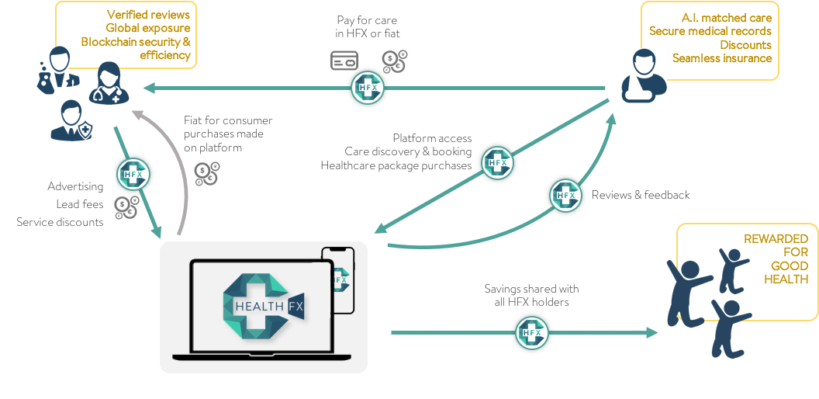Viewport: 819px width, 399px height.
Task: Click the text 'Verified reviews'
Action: pyautogui.click(x=148, y=15)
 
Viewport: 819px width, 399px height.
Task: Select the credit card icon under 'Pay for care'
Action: pyautogui.click(x=344, y=61)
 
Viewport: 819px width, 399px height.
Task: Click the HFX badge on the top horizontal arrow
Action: pyautogui.click(x=368, y=88)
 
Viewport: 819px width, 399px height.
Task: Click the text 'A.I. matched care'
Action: pyautogui.click(x=727, y=18)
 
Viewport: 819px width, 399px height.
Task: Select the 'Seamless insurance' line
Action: pyautogui.click(x=721, y=58)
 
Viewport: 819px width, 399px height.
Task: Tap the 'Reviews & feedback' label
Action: pyautogui.click(x=641, y=195)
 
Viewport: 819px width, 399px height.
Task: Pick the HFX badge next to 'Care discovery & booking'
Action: pyautogui.click(x=498, y=163)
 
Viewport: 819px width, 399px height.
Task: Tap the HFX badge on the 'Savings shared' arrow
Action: pyautogui.click(x=532, y=333)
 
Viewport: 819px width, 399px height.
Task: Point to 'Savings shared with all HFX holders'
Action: pyautogui.click(x=531, y=295)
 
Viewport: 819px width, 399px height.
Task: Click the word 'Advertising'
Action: pyautogui.click(x=75, y=186)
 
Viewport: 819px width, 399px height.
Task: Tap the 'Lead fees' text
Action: pyautogui.click(x=79, y=204)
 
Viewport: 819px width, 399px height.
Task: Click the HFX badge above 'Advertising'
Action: pyautogui.click(x=133, y=174)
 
